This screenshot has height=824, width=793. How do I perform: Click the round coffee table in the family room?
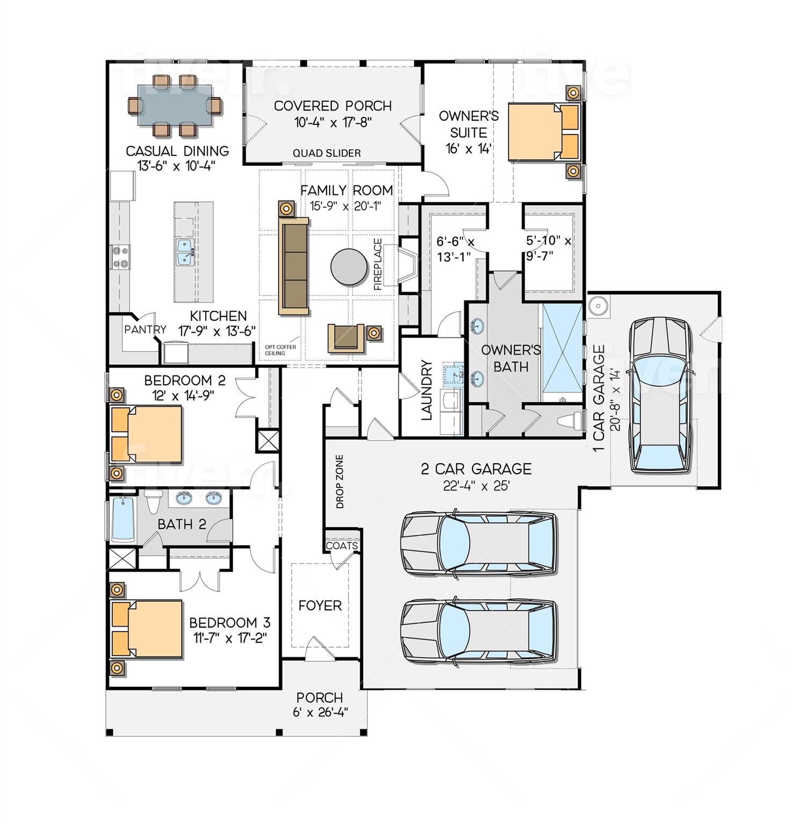tap(349, 267)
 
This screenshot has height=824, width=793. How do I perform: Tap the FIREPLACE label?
tap(378, 264)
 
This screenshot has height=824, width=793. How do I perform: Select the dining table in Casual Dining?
tap(174, 106)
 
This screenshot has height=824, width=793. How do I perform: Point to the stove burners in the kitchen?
tap(119, 256)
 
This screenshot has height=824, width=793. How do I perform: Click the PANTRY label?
tap(145, 329)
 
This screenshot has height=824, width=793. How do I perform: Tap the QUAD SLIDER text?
tap(326, 153)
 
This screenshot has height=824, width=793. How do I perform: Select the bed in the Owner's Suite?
tap(542, 131)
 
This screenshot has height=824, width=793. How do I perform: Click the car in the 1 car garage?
tap(659, 395)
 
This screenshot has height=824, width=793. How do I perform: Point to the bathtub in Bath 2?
tap(123, 519)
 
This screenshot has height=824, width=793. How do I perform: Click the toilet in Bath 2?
tap(154, 501)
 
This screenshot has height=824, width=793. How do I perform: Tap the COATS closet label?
tap(342, 546)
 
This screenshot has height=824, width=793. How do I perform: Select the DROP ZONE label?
tap(339, 482)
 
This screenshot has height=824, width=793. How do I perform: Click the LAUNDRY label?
tap(427, 390)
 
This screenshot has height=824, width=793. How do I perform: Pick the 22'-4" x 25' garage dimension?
tap(476, 486)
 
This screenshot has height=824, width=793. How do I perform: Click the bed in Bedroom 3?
tap(147, 629)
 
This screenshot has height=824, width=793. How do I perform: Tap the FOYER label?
tap(320, 606)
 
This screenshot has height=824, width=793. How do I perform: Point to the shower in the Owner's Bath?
tap(562, 349)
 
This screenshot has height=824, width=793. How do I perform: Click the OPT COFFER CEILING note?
tap(280, 350)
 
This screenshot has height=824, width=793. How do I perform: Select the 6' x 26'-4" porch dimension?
tap(320, 712)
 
